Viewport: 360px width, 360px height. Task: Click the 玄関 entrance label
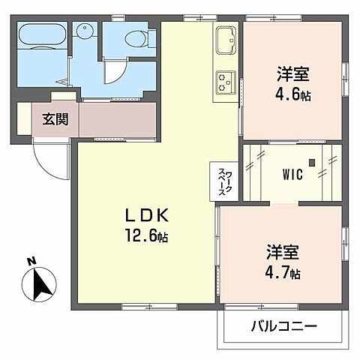click(52, 118)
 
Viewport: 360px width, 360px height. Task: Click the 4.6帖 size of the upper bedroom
click(292, 95)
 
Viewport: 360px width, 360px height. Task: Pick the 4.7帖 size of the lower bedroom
click(283, 273)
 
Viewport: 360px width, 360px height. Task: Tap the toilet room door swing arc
click(114, 71)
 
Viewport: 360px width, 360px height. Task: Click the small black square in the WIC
click(329, 159)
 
